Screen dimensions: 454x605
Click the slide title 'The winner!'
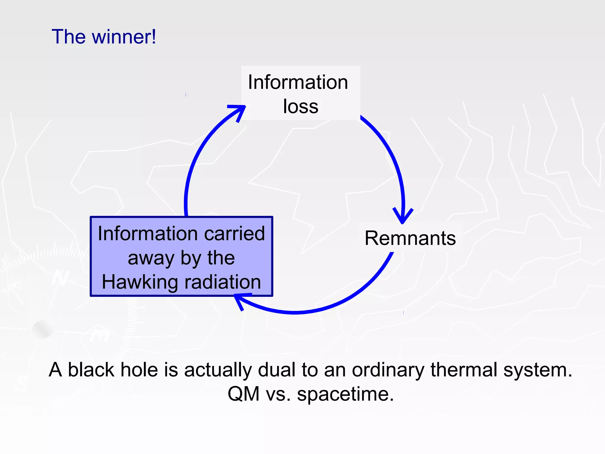point(104,37)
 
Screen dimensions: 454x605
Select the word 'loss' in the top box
point(300,106)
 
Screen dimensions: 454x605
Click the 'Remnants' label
point(410,238)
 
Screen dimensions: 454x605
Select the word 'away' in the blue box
point(151,258)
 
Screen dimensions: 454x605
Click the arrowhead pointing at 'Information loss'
point(238,111)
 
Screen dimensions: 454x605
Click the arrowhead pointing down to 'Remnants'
point(402,216)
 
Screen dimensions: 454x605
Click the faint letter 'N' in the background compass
point(61,278)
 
